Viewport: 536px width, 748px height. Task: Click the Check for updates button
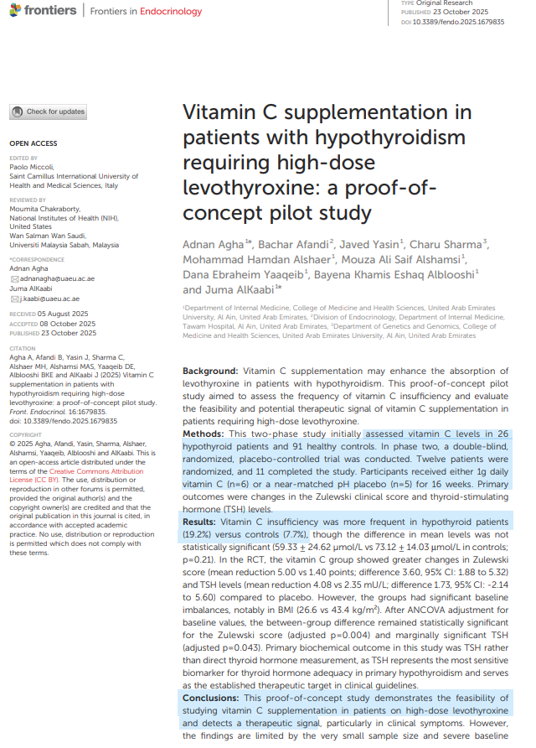coord(49,112)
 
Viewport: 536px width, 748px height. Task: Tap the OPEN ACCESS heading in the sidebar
coord(33,143)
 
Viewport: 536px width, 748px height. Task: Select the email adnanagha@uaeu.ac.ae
coord(56,278)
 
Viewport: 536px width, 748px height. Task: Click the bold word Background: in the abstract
coord(210,370)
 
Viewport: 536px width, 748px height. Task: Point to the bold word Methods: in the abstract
coord(204,434)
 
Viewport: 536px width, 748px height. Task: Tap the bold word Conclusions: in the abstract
coord(213,698)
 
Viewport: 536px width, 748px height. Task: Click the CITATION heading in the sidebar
coord(22,348)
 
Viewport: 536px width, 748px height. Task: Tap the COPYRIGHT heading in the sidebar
coord(25,434)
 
